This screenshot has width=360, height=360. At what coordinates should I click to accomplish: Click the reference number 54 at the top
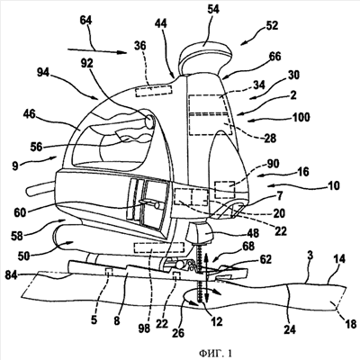(213, 10)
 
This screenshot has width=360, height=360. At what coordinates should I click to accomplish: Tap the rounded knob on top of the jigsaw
(205, 57)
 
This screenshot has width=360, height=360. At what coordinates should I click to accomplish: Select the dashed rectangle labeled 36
(154, 91)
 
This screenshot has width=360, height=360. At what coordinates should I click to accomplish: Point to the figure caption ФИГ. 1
(216, 353)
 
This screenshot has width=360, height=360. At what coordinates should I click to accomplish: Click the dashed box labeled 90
(225, 190)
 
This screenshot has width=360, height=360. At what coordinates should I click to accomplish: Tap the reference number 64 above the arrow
(86, 21)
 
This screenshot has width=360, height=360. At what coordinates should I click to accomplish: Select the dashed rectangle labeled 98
(159, 247)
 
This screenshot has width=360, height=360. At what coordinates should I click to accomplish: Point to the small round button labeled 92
(149, 121)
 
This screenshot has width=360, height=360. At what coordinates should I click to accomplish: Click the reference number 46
(28, 114)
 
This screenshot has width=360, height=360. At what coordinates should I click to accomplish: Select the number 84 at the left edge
(12, 275)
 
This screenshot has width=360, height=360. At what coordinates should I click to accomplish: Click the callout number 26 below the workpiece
(178, 332)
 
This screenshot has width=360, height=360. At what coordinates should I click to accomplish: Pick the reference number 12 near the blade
(217, 321)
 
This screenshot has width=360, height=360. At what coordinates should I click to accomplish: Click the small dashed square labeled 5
(108, 272)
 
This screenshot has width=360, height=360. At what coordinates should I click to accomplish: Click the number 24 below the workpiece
(290, 329)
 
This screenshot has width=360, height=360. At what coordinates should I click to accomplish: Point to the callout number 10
(333, 185)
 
